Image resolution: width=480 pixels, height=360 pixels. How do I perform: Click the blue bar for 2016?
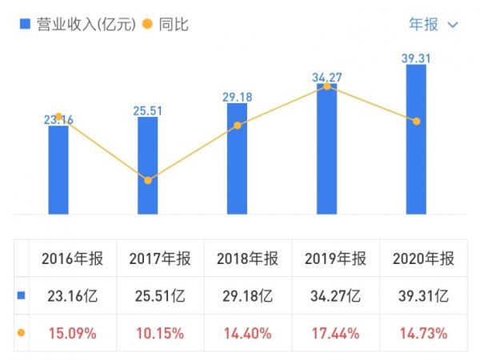point(58,170)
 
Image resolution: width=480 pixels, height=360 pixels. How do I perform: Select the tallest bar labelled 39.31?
point(416,139)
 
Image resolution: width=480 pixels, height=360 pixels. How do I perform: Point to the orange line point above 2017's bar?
point(148,181)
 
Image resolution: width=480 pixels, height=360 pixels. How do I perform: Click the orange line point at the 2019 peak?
point(326,86)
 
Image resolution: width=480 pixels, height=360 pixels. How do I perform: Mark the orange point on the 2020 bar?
point(416,121)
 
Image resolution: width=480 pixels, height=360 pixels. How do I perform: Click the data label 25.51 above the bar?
point(148,110)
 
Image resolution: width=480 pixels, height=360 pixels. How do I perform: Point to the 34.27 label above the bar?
point(326,77)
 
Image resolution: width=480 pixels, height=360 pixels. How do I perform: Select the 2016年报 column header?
point(73,258)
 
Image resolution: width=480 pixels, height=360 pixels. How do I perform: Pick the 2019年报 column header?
point(336,258)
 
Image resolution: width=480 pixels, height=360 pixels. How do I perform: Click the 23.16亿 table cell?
point(73,295)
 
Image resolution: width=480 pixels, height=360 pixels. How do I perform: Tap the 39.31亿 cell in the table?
point(424,295)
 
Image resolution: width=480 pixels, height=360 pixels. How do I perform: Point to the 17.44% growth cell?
point(336,331)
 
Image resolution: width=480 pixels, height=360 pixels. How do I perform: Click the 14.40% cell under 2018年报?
point(248,331)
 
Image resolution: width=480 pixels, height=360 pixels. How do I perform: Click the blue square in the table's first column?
point(22,295)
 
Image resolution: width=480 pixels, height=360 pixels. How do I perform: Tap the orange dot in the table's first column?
point(22,331)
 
